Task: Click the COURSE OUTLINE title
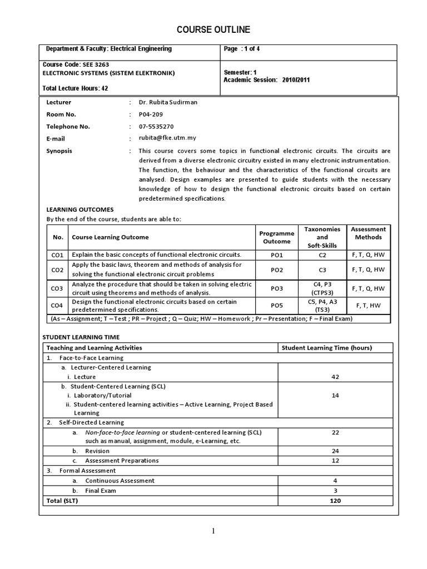[213, 29]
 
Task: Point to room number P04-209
[151, 114]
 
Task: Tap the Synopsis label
[59, 151]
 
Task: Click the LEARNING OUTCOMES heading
[80, 209]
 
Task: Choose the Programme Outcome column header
[277, 237]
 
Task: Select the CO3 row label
[57, 288]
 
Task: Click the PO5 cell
[277, 306]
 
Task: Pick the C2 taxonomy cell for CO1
[322, 255]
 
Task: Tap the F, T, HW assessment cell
[368, 306]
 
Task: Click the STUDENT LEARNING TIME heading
[81, 337]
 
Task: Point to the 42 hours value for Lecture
[334, 377]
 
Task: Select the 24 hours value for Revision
[334, 451]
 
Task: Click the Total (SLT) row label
[63, 501]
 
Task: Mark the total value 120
[334, 501]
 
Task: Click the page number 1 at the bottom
[213, 531]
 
